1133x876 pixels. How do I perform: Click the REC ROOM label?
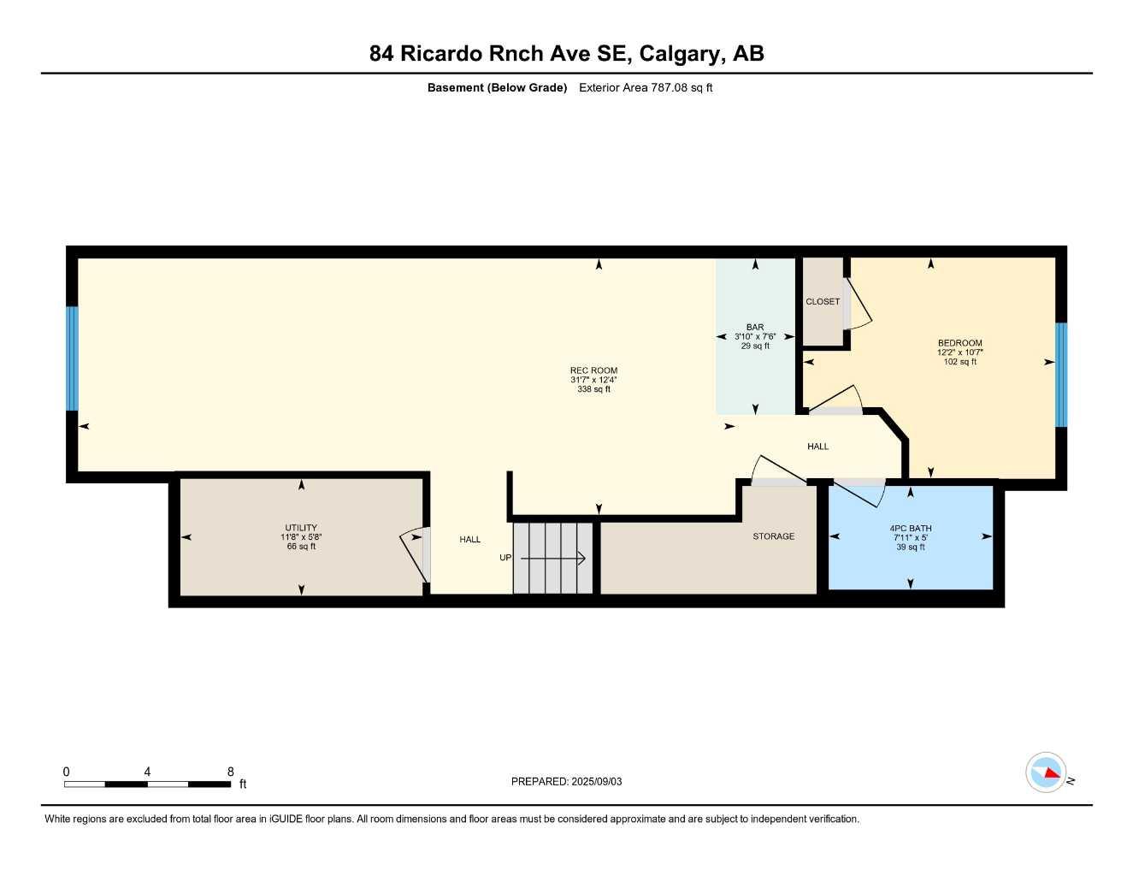tap(593, 370)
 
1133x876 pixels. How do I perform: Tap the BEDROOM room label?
tap(959, 343)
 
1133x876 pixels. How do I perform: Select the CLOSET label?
tap(823, 301)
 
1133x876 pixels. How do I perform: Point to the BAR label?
tap(754, 327)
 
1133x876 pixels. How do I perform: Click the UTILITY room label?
tap(301, 528)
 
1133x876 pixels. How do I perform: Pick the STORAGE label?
tap(773, 536)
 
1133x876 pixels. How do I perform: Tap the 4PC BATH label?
tap(910, 528)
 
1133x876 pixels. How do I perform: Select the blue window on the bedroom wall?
tap(1060, 374)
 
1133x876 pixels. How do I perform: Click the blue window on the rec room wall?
tap(72, 358)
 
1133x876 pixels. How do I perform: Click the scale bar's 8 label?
tap(230, 772)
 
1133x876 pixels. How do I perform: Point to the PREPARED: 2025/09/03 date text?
tap(566, 781)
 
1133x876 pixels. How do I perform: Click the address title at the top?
tap(566, 53)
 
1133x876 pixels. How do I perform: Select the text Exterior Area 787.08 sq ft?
tap(646, 87)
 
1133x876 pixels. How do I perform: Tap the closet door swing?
tap(858, 306)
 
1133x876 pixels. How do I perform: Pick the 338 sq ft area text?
tap(593, 389)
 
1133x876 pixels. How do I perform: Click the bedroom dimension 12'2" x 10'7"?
tap(959, 352)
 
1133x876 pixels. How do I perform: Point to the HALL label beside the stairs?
tap(469, 539)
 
